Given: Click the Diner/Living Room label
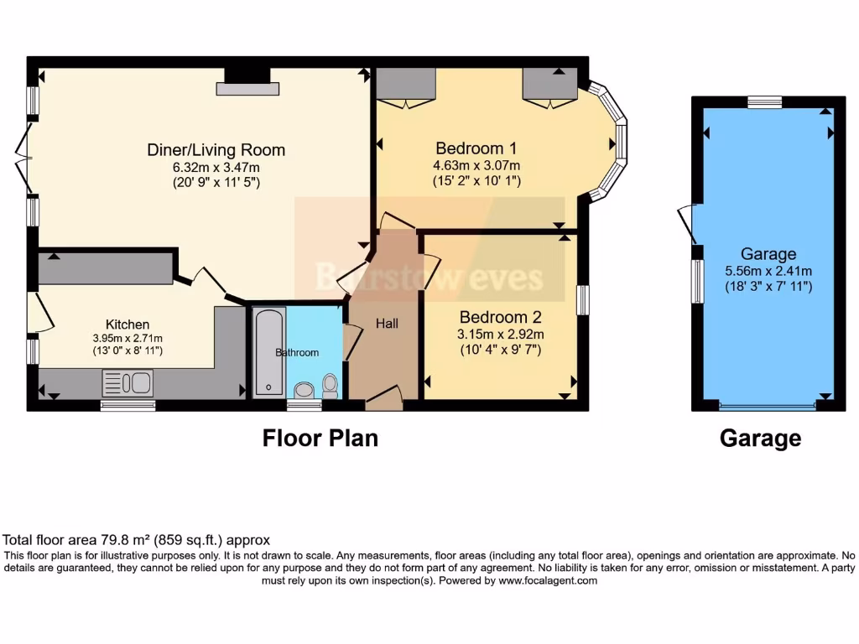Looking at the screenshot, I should click(216, 150).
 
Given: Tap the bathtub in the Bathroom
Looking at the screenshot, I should click(268, 352).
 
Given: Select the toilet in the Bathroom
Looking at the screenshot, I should click(331, 385).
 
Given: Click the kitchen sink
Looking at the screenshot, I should click(128, 384).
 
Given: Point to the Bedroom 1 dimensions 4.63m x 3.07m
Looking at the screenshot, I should click(476, 165).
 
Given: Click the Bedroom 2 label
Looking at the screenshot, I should click(500, 318).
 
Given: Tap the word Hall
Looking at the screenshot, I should click(387, 324).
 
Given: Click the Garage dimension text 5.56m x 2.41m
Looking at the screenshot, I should click(768, 271).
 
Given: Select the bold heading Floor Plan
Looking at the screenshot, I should click(320, 438).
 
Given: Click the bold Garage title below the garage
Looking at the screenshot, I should click(760, 438).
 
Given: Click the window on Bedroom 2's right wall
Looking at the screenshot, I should click(583, 299).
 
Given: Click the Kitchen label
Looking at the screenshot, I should click(128, 325).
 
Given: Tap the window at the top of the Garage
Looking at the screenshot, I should click(764, 101).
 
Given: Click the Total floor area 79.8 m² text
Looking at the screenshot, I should click(137, 540).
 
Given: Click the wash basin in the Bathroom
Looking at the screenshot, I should click(304, 389).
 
